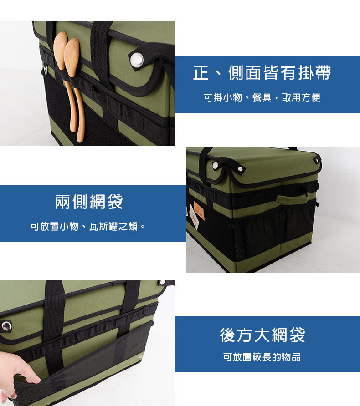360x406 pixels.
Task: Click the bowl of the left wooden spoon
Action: click(x=61, y=50)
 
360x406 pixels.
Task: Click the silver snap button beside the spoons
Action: click(x=137, y=60)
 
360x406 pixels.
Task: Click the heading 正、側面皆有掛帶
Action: click(x=262, y=73)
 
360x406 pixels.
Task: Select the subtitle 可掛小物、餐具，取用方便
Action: click(x=262, y=97)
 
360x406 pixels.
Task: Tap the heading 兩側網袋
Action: click(x=89, y=202)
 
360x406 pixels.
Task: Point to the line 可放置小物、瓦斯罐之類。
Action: click(x=88, y=227)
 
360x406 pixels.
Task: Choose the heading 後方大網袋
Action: click(x=262, y=335)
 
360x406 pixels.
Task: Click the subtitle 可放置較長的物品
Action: click(x=262, y=357)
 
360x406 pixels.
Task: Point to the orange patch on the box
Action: click(x=199, y=211)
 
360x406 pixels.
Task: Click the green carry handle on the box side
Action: click(x=292, y=198)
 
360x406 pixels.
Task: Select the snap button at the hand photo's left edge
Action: click(x=6, y=326)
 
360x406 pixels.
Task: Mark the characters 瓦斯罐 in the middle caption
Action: click(x=103, y=227)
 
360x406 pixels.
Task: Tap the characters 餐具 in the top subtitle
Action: click(x=262, y=97)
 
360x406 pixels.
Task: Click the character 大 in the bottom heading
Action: click(x=262, y=335)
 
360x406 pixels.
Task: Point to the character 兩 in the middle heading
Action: click(x=62, y=202)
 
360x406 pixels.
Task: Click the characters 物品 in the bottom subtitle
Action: click(x=291, y=357)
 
